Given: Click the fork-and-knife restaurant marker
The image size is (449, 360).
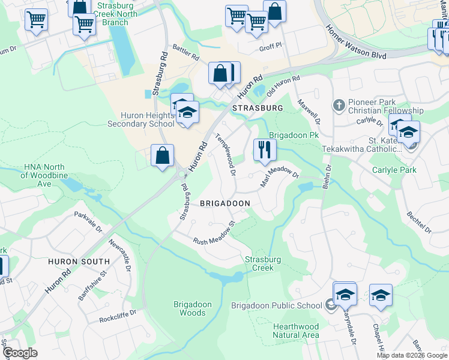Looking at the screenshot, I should (x=265, y=149).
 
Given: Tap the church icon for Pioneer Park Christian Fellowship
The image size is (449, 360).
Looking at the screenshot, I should (x=339, y=106).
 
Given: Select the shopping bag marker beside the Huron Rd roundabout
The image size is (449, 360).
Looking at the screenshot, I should (x=162, y=156).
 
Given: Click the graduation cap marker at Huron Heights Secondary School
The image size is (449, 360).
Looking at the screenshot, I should (x=187, y=113).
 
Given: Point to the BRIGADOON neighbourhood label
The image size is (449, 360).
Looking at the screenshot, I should (x=224, y=203).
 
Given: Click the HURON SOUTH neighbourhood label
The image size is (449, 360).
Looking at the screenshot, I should (x=80, y=262).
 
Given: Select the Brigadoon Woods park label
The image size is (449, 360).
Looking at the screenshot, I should (x=193, y=308).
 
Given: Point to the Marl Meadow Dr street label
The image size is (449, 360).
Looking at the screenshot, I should (x=280, y=177).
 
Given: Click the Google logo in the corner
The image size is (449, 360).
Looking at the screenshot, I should (x=20, y=353).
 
